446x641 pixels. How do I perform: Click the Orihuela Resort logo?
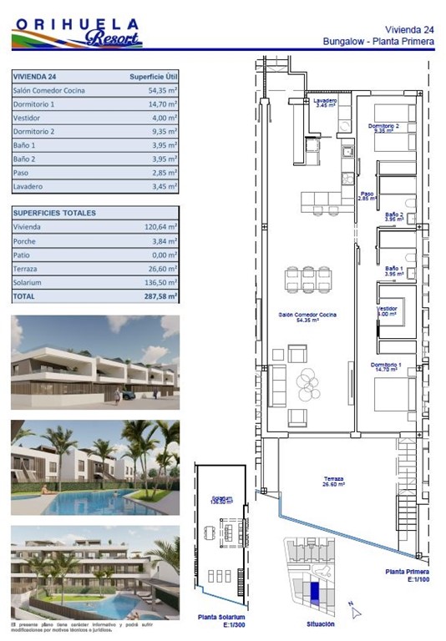[76, 33]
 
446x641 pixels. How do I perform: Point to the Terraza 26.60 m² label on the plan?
[333, 482]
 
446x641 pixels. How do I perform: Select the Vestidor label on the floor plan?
[388, 310]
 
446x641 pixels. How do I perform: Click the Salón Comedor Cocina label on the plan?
[307, 316]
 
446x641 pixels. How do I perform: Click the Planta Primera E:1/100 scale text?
[407, 575]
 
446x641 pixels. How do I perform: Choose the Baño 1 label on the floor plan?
[393, 270]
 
